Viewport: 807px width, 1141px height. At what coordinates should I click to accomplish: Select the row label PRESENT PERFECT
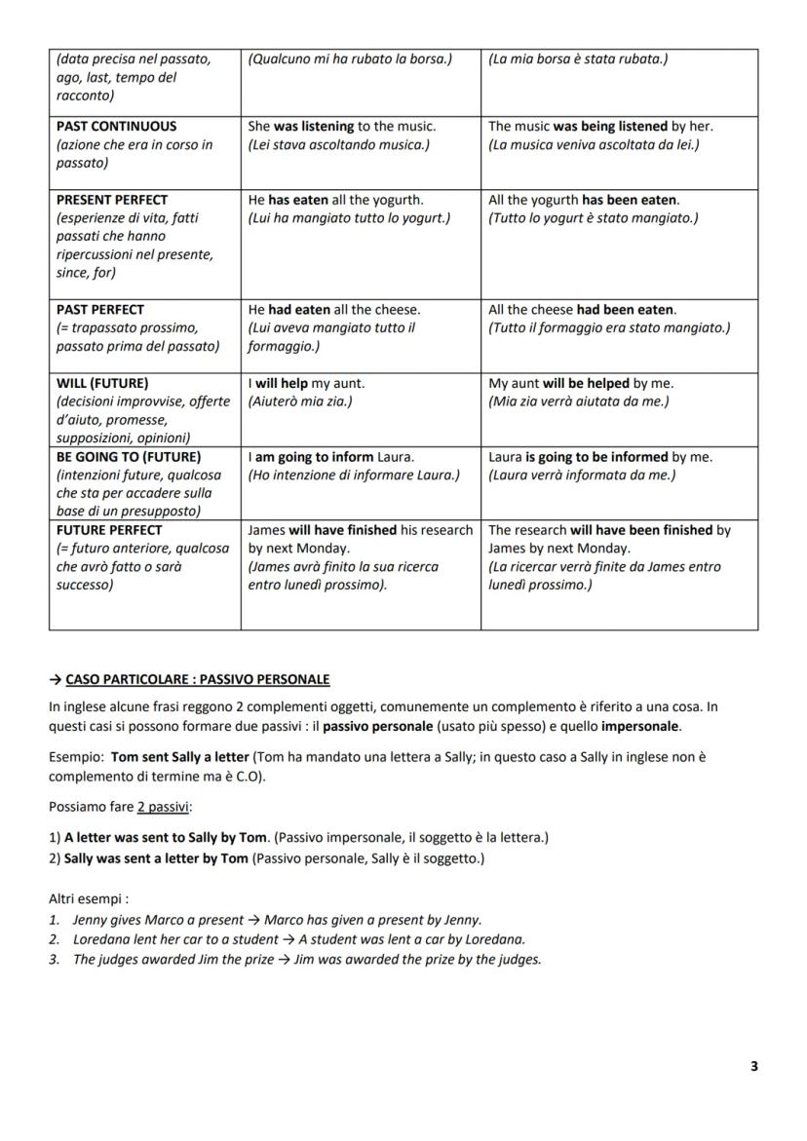click(x=111, y=199)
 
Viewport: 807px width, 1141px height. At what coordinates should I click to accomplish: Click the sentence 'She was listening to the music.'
click(x=342, y=126)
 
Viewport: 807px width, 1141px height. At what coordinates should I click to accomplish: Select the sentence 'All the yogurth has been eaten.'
click(x=584, y=199)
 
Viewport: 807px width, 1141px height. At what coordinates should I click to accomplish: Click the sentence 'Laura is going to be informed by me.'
click(x=599, y=456)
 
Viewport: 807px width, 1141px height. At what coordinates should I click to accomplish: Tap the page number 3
click(x=753, y=1066)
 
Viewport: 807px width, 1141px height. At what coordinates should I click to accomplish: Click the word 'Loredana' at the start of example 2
click(x=100, y=939)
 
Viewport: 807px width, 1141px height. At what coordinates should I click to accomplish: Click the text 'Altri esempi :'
click(x=89, y=899)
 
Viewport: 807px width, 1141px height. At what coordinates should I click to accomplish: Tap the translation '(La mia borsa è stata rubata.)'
click(x=578, y=59)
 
